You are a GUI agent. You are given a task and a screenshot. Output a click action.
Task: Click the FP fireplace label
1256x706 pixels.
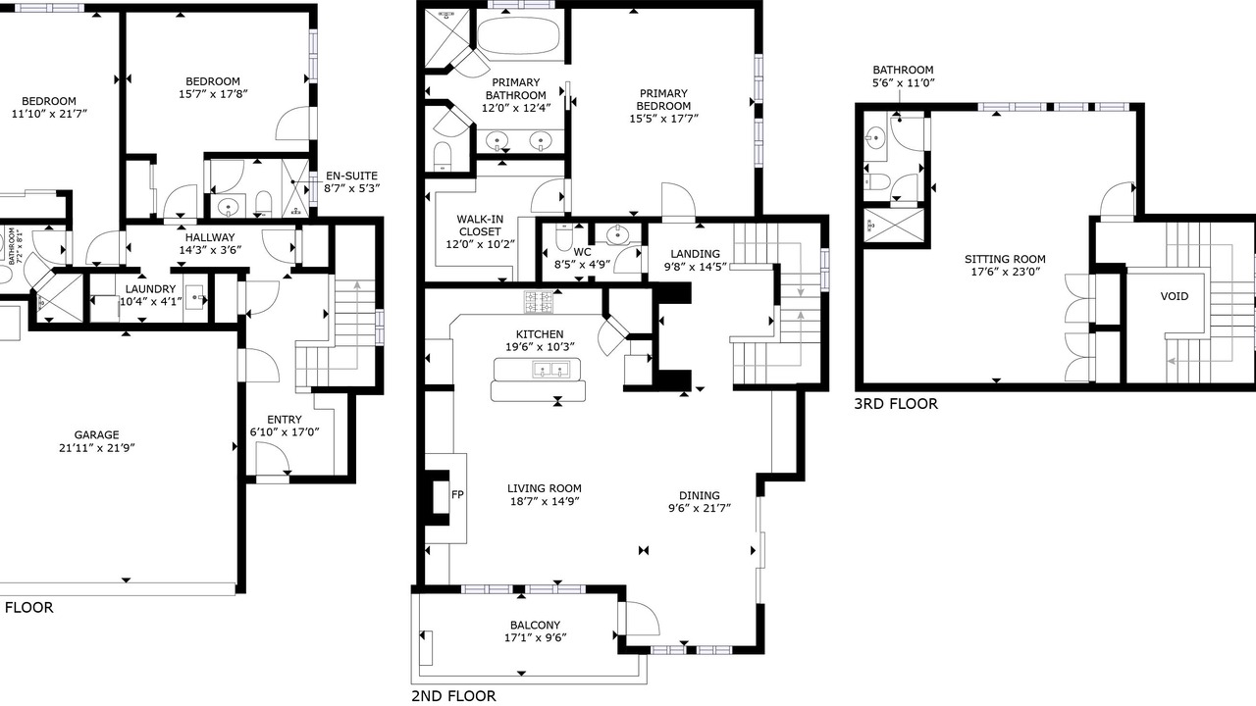(x=457, y=495)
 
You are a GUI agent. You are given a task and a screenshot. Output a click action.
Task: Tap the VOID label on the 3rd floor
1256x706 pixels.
(x=1175, y=296)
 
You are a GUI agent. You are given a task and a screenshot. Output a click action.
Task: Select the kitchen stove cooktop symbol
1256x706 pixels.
(x=539, y=302)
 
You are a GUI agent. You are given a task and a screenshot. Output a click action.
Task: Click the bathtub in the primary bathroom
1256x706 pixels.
(x=519, y=35)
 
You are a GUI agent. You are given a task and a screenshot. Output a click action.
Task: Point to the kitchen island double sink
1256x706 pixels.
(x=550, y=369)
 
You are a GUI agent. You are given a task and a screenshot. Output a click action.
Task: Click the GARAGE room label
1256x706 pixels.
(x=96, y=434)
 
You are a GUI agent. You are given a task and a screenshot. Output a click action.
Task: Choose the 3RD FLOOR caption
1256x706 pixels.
(x=896, y=404)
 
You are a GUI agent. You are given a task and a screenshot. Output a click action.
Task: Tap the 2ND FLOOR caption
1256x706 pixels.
(x=453, y=696)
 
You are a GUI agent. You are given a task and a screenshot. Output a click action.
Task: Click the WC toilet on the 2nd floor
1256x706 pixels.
(x=562, y=237)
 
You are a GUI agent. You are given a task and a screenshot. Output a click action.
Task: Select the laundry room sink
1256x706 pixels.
(x=195, y=292)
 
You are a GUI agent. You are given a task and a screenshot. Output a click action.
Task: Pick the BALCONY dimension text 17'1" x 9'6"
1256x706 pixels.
(x=536, y=637)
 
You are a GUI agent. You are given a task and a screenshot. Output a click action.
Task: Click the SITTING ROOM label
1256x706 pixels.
(x=1005, y=260)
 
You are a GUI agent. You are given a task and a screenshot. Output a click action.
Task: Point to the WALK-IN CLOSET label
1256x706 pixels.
(x=480, y=226)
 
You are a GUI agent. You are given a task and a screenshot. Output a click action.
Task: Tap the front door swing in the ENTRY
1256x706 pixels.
(x=273, y=458)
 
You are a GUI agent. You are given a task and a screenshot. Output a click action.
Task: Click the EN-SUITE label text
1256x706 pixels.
(x=351, y=176)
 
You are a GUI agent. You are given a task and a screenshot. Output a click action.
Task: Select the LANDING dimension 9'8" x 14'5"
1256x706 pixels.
(x=696, y=268)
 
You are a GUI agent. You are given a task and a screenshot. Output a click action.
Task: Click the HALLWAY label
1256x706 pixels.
(x=210, y=237)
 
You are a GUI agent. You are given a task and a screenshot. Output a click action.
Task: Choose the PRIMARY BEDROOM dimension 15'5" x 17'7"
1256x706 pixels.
(x=664, y=119)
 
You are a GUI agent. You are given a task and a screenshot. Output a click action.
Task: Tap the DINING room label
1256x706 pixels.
(x=700, y=496)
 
